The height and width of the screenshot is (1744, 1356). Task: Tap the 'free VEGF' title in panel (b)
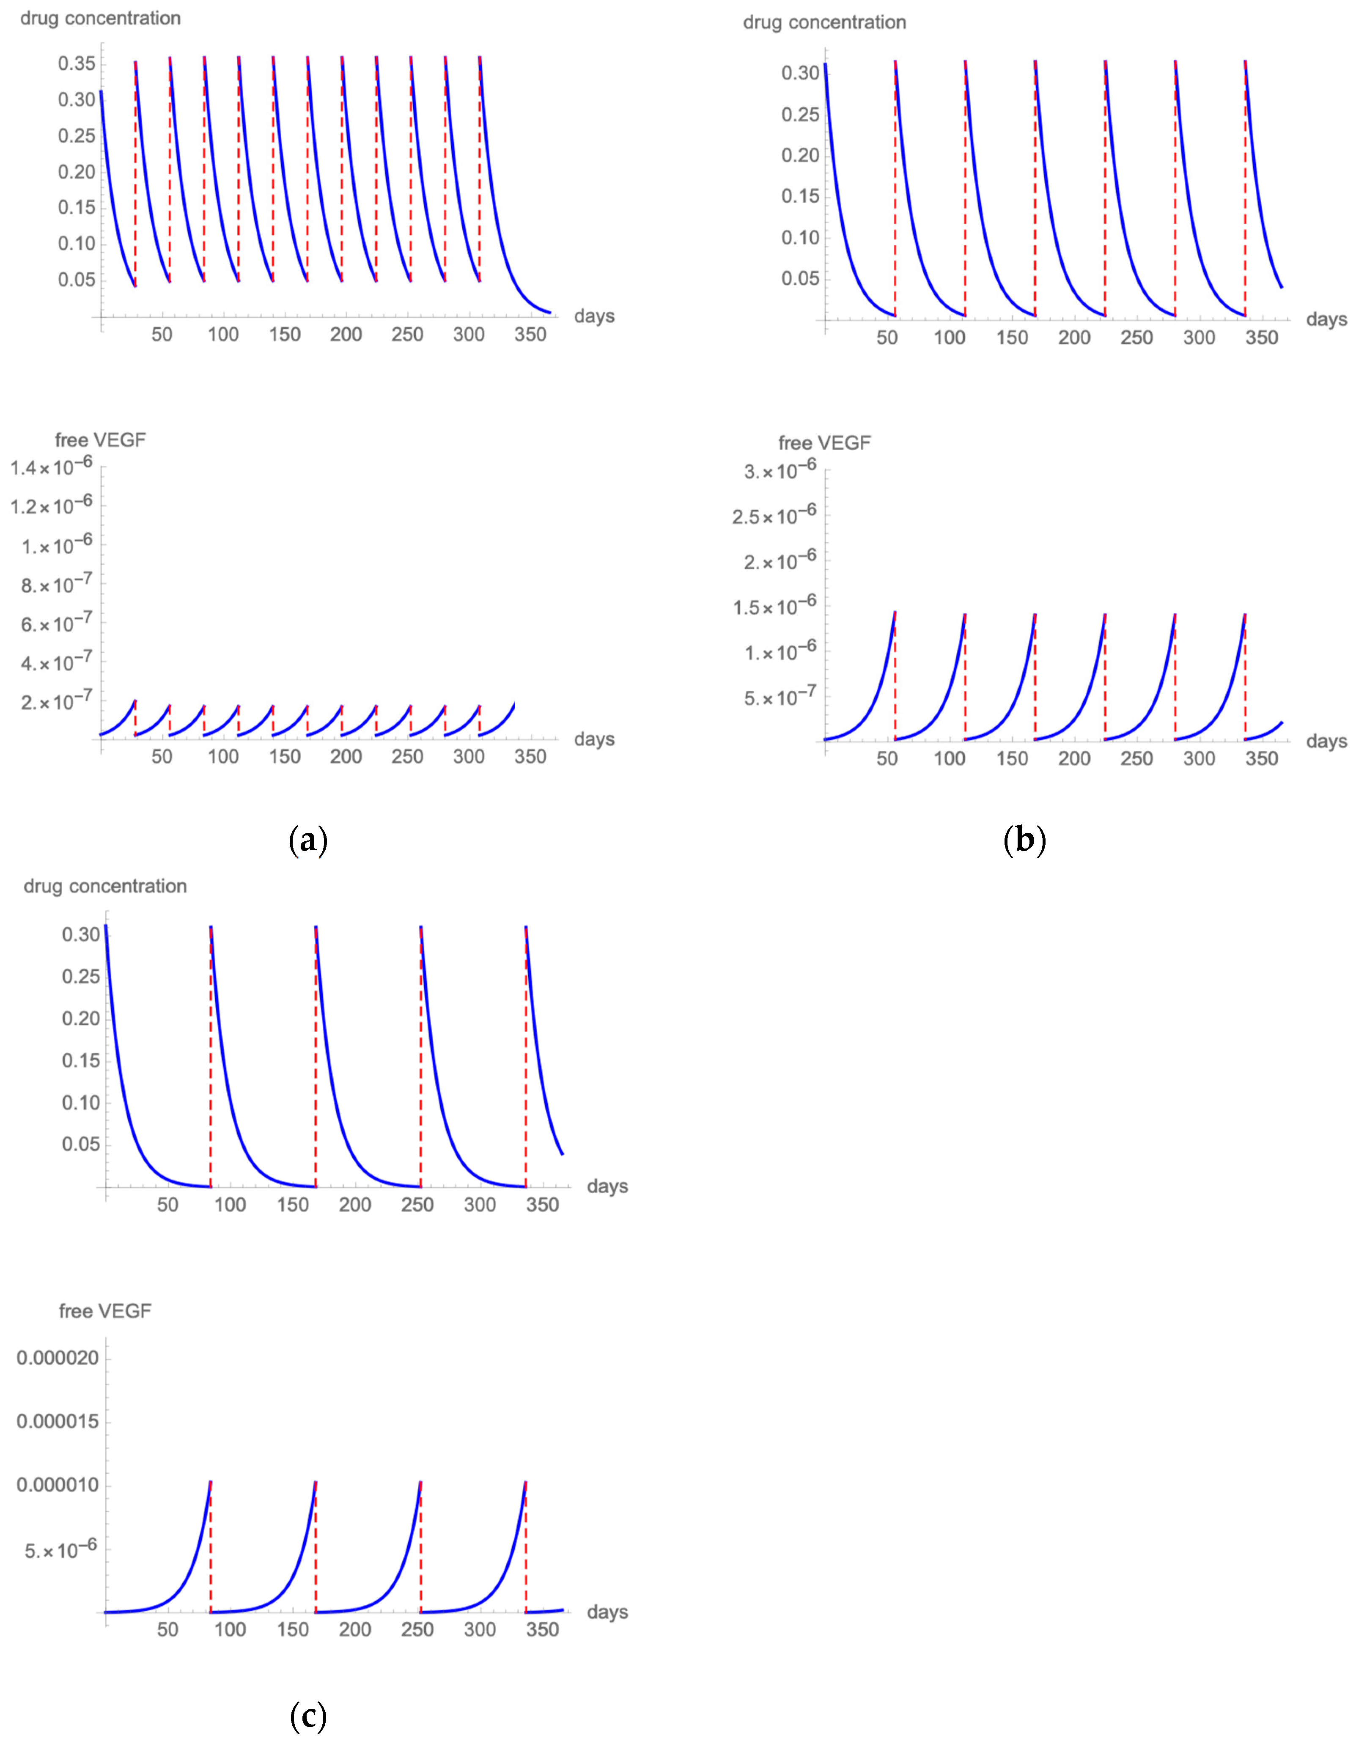(824, 443)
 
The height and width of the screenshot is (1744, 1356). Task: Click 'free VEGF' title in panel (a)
(100, 440)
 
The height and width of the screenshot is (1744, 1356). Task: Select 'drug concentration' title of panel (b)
(824, 22)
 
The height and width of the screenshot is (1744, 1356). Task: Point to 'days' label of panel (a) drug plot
(594, 316)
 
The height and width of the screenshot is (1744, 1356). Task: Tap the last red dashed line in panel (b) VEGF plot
(1245, 679)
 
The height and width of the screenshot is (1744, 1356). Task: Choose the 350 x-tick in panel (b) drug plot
(1262, 338)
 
